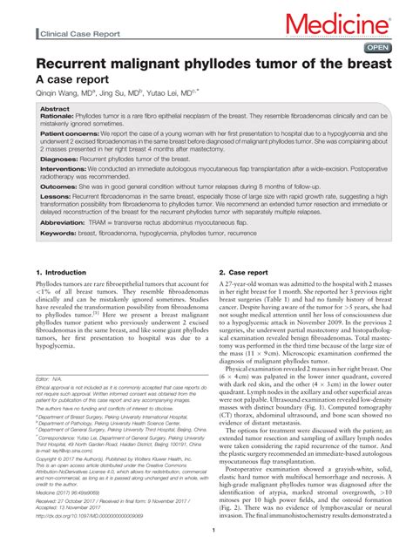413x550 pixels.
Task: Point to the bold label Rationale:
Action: pos(59,117)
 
